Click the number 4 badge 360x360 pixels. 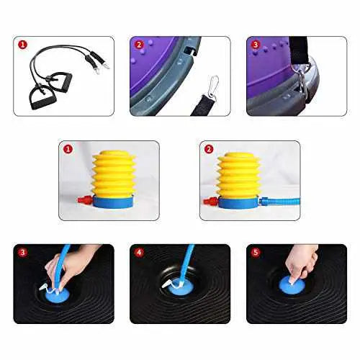click(139, 253)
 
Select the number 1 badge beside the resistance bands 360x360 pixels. click(22, 44)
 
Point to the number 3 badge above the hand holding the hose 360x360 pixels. click(22, 253)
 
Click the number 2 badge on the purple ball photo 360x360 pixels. click(139, 44)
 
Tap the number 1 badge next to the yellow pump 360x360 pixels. click(68, 150)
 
